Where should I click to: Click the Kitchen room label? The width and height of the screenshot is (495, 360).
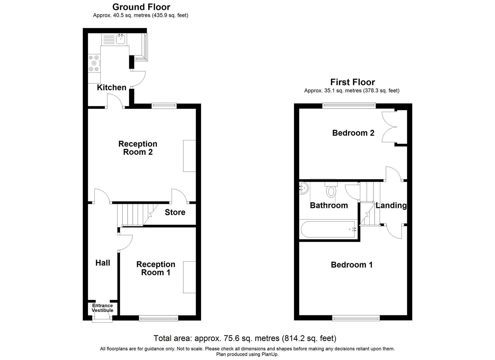111,87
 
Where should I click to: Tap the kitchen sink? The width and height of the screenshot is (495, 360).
121,40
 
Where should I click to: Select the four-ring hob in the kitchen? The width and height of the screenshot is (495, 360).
94,63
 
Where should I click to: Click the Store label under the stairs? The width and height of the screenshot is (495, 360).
175,212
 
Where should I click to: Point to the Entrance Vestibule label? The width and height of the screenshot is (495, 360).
102,308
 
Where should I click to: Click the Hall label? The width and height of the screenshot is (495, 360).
103,263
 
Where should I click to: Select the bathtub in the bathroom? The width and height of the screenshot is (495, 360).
328,229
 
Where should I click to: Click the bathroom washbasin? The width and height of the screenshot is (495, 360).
303,189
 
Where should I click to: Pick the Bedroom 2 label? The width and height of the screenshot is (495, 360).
353,133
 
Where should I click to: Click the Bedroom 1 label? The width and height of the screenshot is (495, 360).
351,265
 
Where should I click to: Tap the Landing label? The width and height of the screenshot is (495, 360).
391,205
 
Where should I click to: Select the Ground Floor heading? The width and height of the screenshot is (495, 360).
141,7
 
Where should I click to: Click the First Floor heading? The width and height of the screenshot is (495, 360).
352,82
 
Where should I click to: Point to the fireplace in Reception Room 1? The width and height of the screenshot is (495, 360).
189,277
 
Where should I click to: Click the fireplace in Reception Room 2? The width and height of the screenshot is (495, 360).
189,156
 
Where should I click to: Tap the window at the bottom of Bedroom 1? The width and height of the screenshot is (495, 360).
356,318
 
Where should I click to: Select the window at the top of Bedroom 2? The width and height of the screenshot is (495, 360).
349,106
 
